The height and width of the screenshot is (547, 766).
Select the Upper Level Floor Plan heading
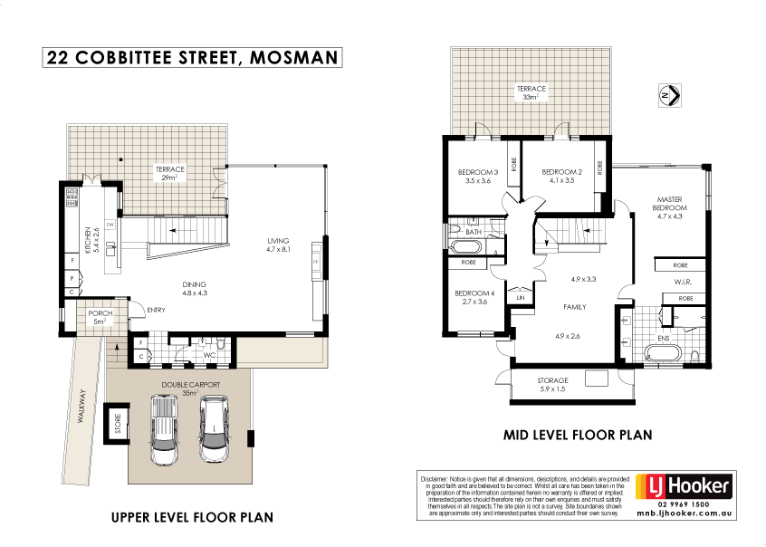(x=191, y=518)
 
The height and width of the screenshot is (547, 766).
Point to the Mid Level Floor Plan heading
(x=577, y=435)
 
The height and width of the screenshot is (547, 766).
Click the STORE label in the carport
(x=117, y=423)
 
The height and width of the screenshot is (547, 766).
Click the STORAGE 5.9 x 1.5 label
(x=552, y=384)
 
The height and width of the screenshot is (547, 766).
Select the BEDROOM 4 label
(x=474, y=298)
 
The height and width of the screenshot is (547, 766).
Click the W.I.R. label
(x=685, y=282)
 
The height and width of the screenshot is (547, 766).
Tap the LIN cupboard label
(x=520, y=297)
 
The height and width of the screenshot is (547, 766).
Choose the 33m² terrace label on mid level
(x=531, y=93)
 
